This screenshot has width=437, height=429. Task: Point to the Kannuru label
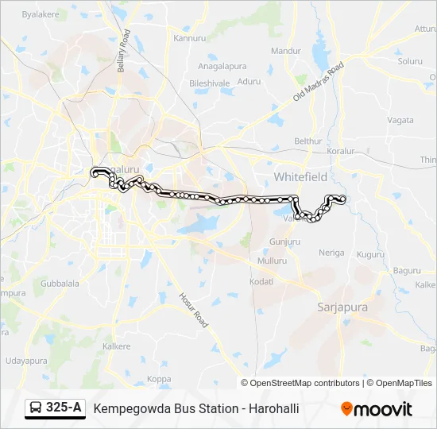pos(189,38)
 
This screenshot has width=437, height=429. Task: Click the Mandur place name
pos(285,51)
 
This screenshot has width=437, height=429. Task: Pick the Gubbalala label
pos(60,283)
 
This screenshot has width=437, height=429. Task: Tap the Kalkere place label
pos(116,346)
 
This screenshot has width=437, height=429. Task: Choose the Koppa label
pos(159,378)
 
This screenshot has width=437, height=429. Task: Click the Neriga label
pos(331,253)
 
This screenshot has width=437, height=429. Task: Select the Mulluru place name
pos(273,261)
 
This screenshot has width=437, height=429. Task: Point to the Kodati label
pos(261,281)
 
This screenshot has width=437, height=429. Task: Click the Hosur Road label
pos(194,309)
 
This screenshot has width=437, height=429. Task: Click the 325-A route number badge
pos(64,408)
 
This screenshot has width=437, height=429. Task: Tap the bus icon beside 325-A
pos(37,408)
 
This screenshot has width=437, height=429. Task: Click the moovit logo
pos(377,409)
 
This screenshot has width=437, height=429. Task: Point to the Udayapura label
pos(26,360)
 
